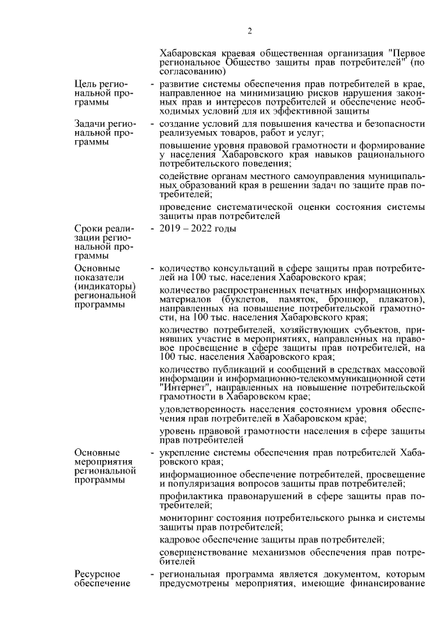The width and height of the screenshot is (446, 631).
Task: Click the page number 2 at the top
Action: click(x=249, y=31)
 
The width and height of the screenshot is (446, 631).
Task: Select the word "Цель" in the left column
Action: click(x=86, y=84)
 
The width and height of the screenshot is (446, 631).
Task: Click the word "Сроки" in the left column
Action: click(x=89, y=229)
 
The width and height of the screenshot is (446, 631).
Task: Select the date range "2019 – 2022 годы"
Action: click(x=198, y=229)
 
